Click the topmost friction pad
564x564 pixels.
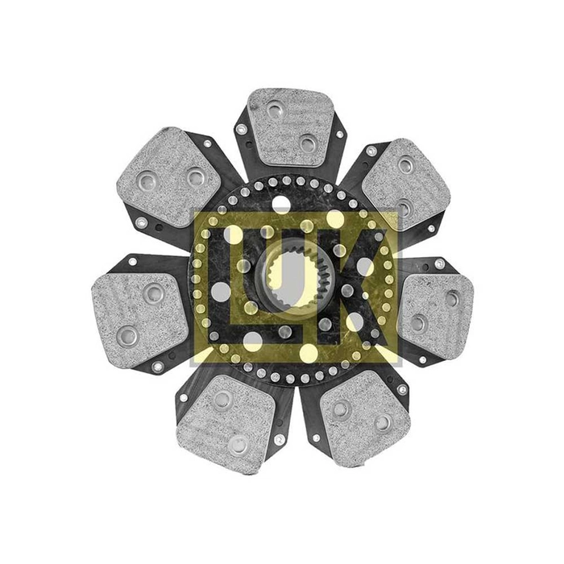pos(292,126)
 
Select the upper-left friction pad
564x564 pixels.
pos(168,176)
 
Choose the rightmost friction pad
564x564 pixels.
pos(437,316)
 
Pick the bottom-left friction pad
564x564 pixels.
pos(226,423)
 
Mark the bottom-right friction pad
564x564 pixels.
pos(366,417)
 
